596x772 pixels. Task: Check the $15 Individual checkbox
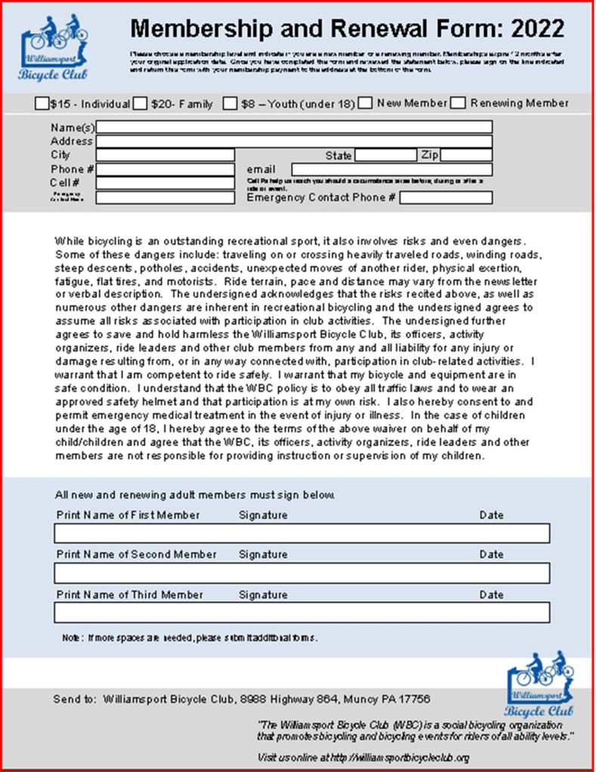click(x=42, y=103)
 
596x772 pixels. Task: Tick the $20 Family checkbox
click(x=140, y=103)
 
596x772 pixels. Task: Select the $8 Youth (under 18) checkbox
click(x=230, y=103)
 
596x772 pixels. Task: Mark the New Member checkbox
click(x=366, y=103)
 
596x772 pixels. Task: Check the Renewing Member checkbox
click(x=458, y=103)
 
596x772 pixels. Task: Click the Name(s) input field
click(x=294, y=127)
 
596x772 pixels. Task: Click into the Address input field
click(x=294, y=141)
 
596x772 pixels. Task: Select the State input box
click(x=385, y=155)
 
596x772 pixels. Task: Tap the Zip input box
click(x=466, y=155)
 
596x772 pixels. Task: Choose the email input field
click(x=392, y=170)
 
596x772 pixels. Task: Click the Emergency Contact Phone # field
click(x=446, y=198)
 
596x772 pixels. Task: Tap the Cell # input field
click(x=165, y=183)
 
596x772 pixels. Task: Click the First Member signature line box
click(x=301, y=534)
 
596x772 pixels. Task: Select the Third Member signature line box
click(x=301, y=612)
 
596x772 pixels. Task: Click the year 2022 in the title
click(x=536, y=29)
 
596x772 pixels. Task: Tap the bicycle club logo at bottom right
click(x=539, y=683)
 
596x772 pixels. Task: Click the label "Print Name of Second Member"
click(x=136, y=554)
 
